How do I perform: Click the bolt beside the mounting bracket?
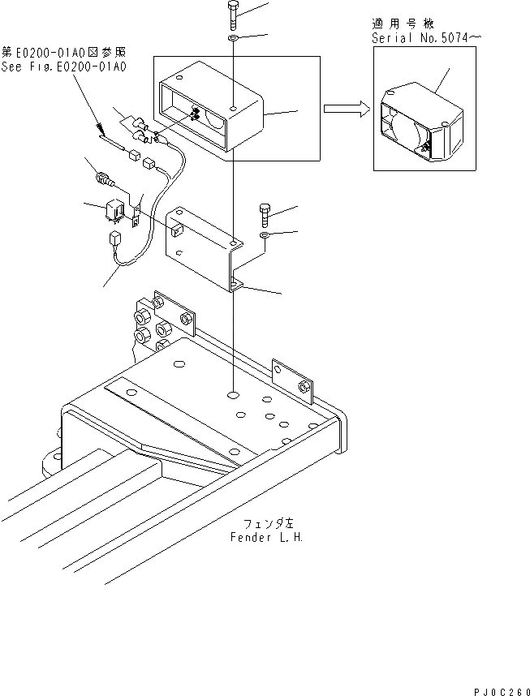[266, 214]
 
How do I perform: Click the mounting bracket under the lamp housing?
[203, 247]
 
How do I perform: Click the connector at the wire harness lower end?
[114, 238]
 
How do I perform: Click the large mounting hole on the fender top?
[234, 395]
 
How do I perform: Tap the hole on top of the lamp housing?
[233, 107]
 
